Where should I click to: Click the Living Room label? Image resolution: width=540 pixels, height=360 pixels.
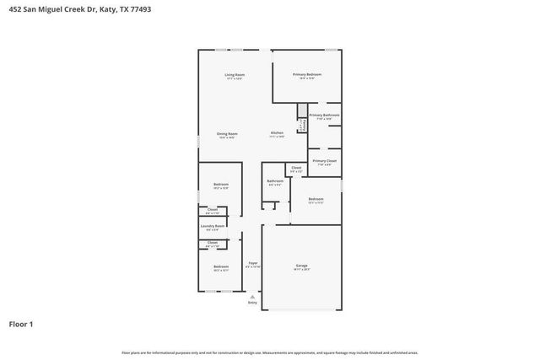(x=235, y=76)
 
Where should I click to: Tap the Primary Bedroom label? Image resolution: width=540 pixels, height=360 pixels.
(x=307, y=75)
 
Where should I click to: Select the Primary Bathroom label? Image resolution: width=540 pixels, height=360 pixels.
(x=324, y=116)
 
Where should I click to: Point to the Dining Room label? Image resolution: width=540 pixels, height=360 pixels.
(x=226, y=134)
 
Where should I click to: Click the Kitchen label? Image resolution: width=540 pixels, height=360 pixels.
(x=277, y=134)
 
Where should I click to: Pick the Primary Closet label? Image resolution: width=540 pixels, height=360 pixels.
(x=324, y=161)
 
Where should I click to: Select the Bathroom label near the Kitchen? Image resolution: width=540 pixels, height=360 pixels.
(x=275, y=180)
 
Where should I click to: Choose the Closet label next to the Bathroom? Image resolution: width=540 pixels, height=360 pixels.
(x=296, y=168)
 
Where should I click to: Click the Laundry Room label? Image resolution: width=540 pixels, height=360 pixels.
(x=212, y=226)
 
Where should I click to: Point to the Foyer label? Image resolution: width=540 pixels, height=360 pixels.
(x=252, y=264)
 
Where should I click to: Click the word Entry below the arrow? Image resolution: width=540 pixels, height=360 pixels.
(x=252, y=304)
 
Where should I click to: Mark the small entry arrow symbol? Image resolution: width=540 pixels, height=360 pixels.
(x=252, y=296)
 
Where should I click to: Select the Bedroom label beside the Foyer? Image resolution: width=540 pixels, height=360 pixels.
(x=221, y=267)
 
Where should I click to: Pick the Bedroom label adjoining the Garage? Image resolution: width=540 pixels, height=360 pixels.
(x=316, y=199)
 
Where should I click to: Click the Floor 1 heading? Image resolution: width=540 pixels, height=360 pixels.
(x=21, y=324)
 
